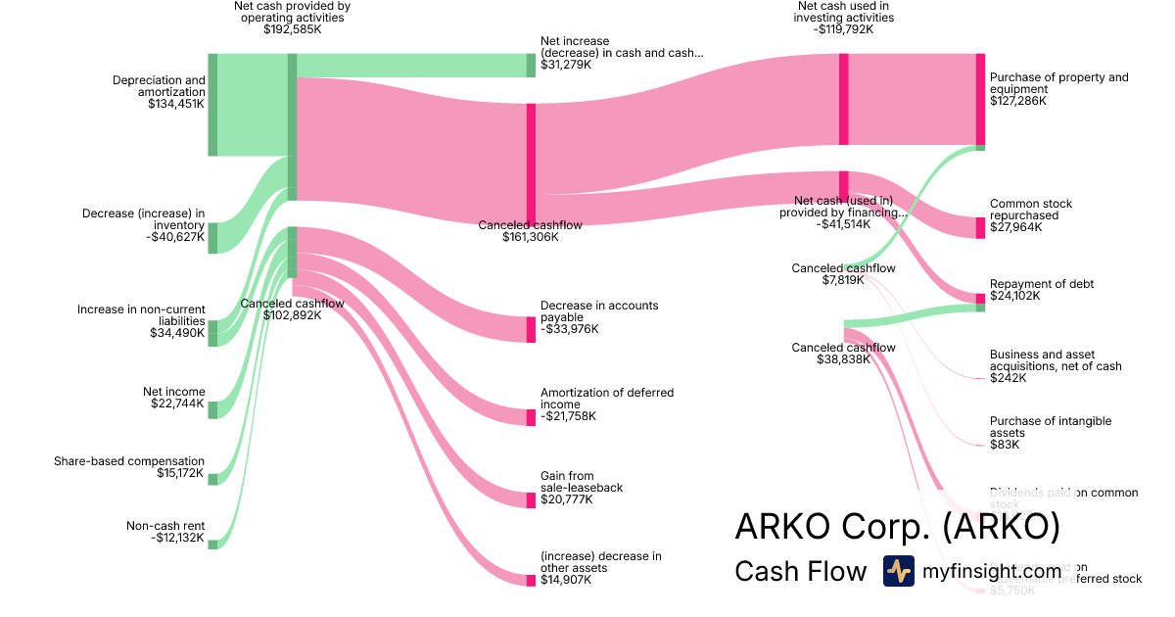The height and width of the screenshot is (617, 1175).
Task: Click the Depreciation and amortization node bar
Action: [x=212, y=105]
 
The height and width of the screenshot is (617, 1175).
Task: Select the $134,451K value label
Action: [x=176, y=103]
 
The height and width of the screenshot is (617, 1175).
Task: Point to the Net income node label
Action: [x=173, y=392]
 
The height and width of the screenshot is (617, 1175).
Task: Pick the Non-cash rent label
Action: [x=165, y=526]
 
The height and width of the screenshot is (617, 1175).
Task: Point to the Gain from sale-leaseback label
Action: [x=582, y=482]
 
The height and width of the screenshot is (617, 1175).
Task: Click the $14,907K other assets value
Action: [x=566, y=580]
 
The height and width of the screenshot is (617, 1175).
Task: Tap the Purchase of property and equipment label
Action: [x=1058, y=83]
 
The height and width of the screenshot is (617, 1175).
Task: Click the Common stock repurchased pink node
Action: [x=980, y=227]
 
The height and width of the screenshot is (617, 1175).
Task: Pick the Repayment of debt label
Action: [x=1042, y=284]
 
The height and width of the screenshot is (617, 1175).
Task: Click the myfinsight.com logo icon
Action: [x=898, y=571]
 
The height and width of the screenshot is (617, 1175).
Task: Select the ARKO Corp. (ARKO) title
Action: [x=897, y=527]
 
